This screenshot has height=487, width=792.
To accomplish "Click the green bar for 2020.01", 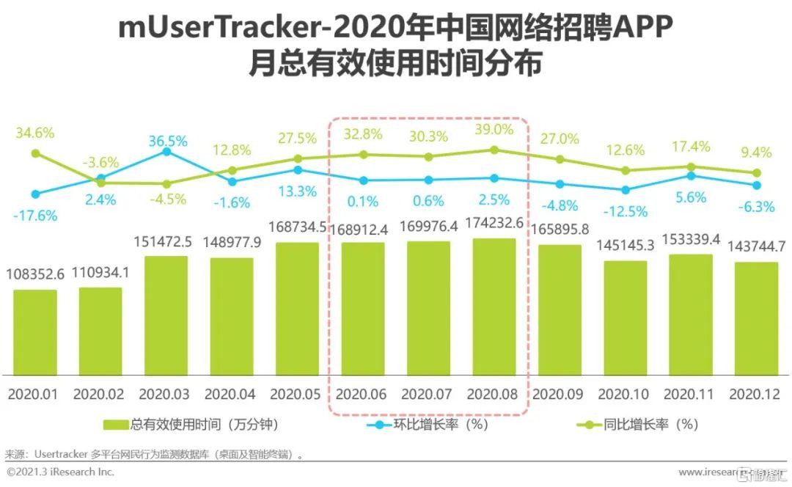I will point(34,332).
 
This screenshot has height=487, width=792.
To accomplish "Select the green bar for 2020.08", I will point(494,306).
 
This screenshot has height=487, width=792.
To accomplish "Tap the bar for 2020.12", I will point(757,318).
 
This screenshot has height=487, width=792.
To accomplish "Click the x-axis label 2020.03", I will point(166,394).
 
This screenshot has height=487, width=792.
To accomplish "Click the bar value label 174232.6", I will point(494,223).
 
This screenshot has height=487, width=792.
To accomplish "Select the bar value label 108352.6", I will point(36,274).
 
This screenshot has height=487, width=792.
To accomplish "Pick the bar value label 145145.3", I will point(626,245).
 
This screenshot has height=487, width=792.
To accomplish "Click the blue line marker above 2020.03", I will point(166,151).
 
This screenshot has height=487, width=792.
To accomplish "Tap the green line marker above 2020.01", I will point(35,153).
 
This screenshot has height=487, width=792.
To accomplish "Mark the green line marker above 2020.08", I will point(494,150).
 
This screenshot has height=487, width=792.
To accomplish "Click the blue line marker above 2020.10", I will point(626,189).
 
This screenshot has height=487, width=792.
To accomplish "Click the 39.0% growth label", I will point(494,129).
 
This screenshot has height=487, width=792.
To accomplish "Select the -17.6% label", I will point(36,216).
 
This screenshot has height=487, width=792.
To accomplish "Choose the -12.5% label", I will point(626,211).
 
